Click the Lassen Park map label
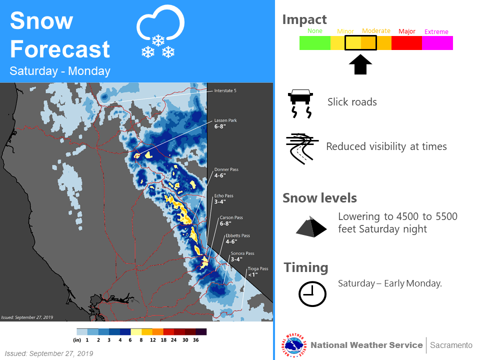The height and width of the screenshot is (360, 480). (x=225, y=120)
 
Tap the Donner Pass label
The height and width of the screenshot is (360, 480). (x=226, y=169)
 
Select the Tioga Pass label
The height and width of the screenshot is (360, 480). (x=258, y=269)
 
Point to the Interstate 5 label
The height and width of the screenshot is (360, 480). (x=225, y=91)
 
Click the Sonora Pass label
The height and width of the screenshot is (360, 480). (x=242, y=253)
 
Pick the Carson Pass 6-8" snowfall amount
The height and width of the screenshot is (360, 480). (x=225, y=224)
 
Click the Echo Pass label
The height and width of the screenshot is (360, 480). (x=223, y=196)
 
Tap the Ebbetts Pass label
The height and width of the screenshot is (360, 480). (x=237, y=235)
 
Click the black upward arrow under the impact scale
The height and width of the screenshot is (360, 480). (x=360, y=64)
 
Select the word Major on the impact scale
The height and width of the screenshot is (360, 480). (x=407, y=31)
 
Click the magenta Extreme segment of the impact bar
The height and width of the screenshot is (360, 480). (x=437, y=43)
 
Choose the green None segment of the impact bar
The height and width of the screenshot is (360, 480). (x=314, y=43)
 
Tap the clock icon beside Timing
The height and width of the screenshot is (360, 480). (x=312, y=294)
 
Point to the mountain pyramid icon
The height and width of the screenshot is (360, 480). (x=311, y=226)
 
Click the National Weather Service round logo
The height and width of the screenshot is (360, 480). (x=294, y=345)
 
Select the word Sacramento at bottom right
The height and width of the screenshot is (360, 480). (x=451, y=345)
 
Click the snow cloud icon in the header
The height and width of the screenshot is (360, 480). (x=160, y=31)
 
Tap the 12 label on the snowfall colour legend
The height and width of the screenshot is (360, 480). (x=153, y=340)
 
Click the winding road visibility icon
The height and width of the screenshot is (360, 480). (x=302, y=149)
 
